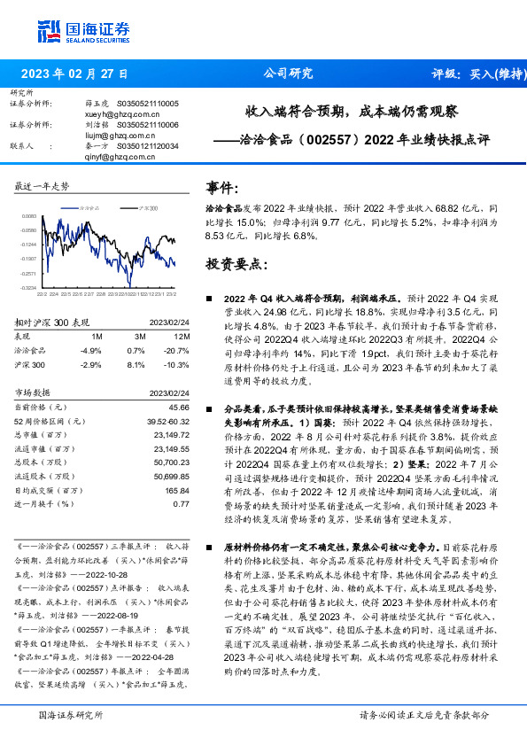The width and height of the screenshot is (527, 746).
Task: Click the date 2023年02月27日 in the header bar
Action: (x=74, y=74)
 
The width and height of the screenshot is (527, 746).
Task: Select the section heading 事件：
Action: (x=223, y=189)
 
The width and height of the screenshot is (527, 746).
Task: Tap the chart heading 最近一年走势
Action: (x=42, y=186)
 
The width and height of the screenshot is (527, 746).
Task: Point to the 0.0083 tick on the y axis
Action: (x=29, y=216)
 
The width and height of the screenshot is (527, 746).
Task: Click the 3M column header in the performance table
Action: (x=140, y=338)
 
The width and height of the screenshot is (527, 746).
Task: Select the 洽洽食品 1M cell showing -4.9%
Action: (x=91, y=350)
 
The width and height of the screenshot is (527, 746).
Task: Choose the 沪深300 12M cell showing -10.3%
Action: (x=178, y=363)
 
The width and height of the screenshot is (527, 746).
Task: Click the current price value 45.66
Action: (x=180, y=407)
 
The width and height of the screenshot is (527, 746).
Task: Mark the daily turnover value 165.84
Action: (x=178, y=490)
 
